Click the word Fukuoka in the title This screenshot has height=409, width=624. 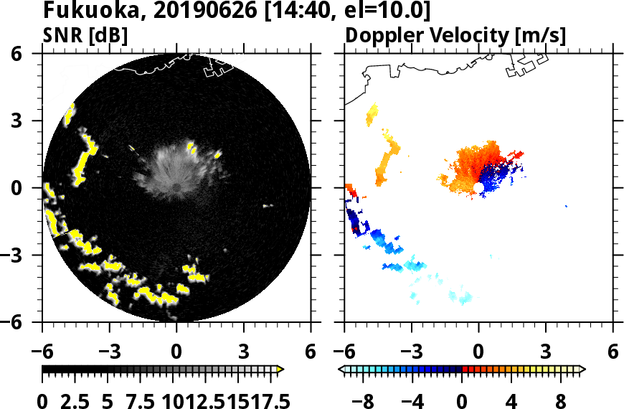point(80,11)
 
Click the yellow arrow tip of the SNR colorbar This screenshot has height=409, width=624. point(280,370)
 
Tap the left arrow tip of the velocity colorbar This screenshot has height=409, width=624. point(341,370)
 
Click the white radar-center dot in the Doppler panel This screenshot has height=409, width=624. point(478,187)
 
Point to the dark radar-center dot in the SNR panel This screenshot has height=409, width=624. point(176,187)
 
